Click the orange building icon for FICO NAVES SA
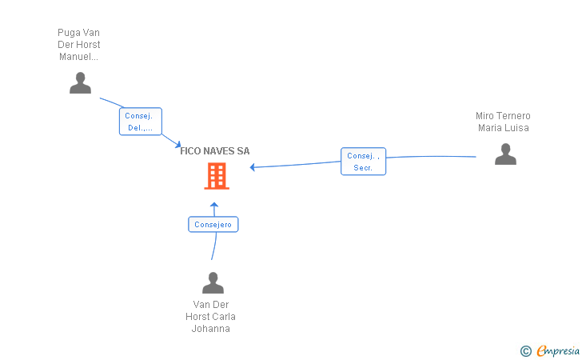pos(216,176)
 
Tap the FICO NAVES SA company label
pos(215,150)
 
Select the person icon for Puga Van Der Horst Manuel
pos(80,83)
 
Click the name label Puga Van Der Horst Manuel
pos(79,45)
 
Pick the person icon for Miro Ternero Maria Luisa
pos(505,154)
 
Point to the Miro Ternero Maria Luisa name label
pos(503,122)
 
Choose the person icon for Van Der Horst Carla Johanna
pos(213,283)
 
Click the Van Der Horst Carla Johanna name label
pos(211,316)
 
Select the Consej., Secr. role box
pos(363,162)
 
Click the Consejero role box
pos(213,225)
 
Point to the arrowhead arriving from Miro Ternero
pos(253,167)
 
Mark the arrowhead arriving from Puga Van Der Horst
pos(177,145)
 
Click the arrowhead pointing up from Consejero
pos(214,206)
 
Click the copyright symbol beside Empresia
pos(525,350)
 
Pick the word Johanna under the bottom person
pos(211,328)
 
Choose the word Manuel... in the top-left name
pos(79,57)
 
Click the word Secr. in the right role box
pos(363,168)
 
